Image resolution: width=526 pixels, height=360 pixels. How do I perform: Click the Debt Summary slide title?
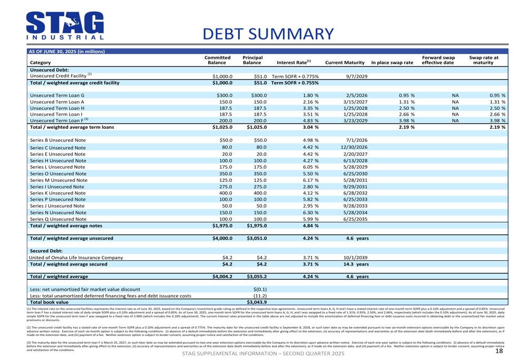point(268,33)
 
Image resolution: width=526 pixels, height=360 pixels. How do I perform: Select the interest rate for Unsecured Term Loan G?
point(311,95)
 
